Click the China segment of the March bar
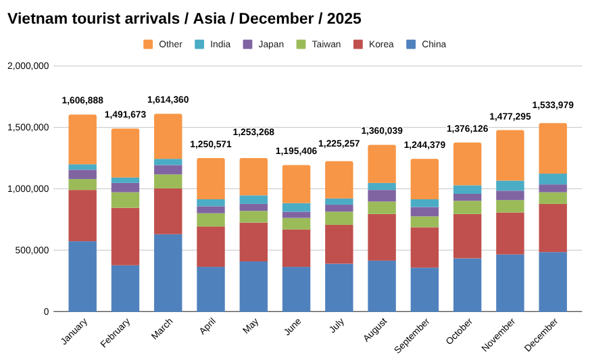[x=168, y=273]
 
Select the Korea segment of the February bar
[x=125, y=236]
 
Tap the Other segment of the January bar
[x=82, y=139]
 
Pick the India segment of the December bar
[x=553, y=179]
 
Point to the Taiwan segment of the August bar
[x=382, y=207]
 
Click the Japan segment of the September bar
[x=424, y=211]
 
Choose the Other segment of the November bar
[x=510, y=155]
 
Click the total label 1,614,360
[x=168, y=100]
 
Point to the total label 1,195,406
[x=296, y=151]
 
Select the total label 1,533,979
[x=553, y=105]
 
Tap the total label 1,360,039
[x=382, y=131]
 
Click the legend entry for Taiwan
[x=326, y=45]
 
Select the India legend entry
[x=220, y=45]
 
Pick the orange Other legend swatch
[x=148, y=45]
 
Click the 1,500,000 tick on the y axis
[x=28, y=128]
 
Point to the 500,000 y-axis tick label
[x=30, y=251]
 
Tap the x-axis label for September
[x=413, y=335]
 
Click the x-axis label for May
[x=250, y=326]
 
